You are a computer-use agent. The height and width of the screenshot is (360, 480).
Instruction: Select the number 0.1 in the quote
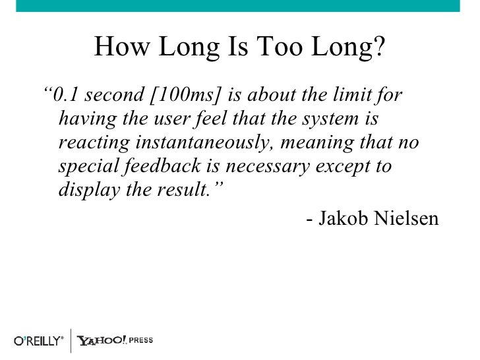click(67, 96)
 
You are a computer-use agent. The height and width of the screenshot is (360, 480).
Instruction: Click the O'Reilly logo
click(39, 341)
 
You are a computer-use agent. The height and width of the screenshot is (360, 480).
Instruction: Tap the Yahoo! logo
click(102, 341)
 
